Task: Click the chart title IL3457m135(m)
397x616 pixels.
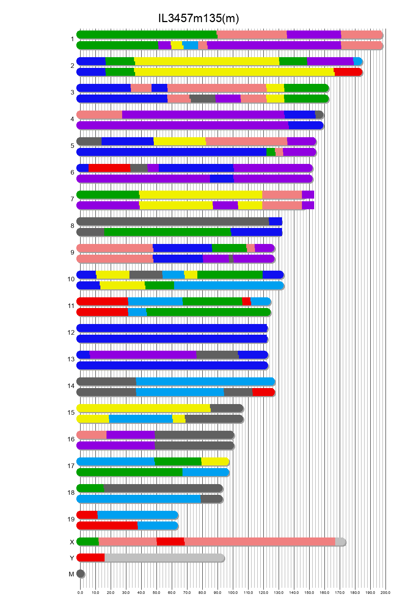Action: [x=198, y=18]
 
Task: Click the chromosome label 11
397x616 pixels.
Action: [x=71, y=306]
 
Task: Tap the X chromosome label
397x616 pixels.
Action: [x=72, y=542]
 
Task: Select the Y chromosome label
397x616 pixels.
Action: [x=72, y=558]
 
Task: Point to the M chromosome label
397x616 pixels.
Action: [x=71, y=574]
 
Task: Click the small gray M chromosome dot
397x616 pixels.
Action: [x=80, y=574]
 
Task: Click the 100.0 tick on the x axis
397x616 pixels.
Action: [x=233, y=593]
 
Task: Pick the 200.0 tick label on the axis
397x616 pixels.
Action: [x=386, y=593]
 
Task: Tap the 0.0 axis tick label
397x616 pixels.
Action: [x=80, y=593]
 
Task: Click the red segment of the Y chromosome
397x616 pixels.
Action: [x=91, y=558]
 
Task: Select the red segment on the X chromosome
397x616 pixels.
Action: [x=170, y=542]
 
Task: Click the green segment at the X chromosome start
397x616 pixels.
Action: [x=88, y=542]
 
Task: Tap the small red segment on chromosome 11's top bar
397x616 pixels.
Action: [x=246, y=302]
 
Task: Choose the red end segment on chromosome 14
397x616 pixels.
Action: [x=263, y=392]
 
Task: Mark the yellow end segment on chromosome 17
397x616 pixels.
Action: [x=215, y=462]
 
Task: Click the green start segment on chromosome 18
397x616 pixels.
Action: [x=91, y=488]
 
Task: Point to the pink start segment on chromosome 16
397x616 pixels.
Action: [x=92, y=435]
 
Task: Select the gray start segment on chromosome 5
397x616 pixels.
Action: [x=89, y=141]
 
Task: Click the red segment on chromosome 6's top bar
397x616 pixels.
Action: [x=109, y=168]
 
